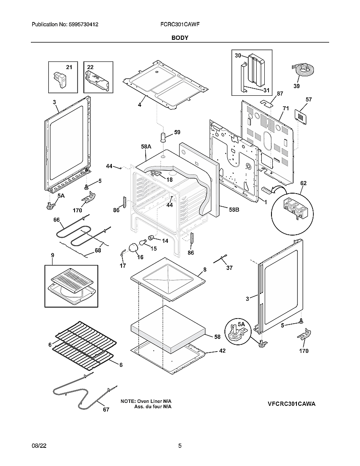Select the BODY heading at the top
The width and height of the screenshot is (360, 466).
point(180,38)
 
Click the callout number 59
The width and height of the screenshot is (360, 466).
point(177,132)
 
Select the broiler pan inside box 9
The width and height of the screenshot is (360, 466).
point(71,286)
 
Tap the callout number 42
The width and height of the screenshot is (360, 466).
point(222,351)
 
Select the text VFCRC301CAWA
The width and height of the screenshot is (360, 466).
point(291,404)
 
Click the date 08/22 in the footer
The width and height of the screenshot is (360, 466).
point(39,446)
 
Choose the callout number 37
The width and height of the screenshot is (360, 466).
point(229,267)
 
